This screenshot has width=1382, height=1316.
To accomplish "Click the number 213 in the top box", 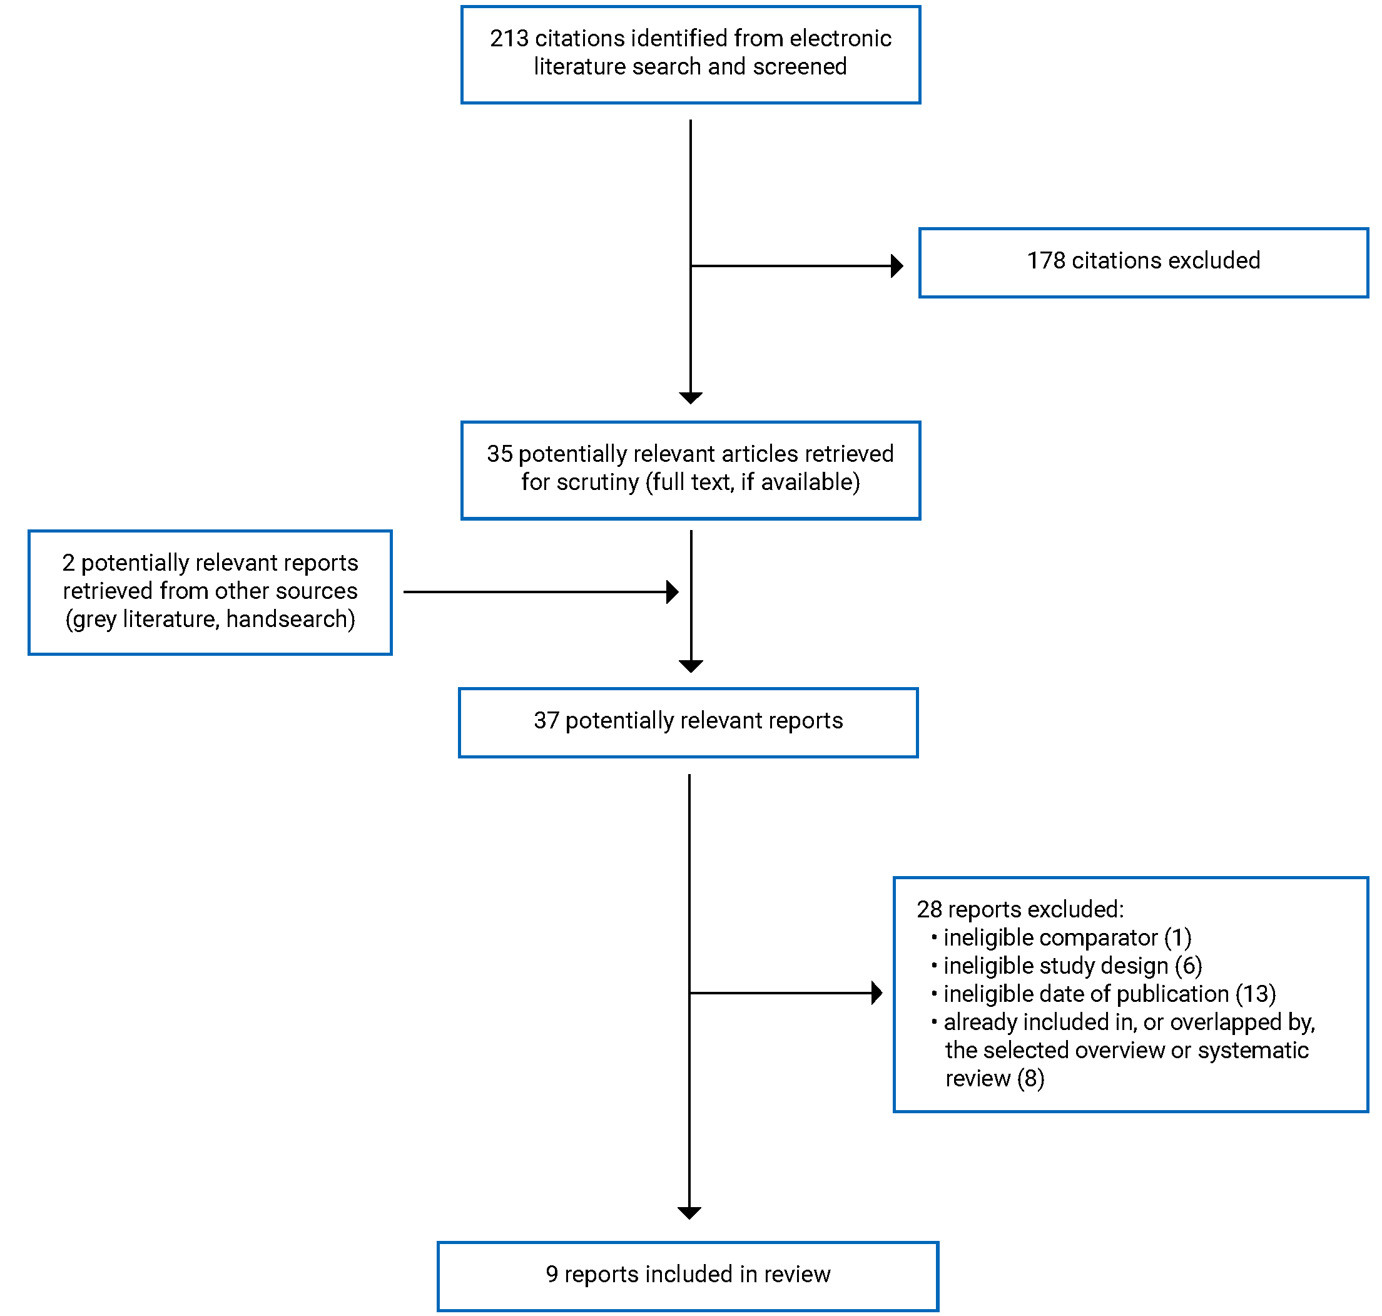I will click(509, 39).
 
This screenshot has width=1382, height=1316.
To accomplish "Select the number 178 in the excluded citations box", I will click(1045, 261).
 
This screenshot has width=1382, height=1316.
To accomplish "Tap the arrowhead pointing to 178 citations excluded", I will click(897, 267).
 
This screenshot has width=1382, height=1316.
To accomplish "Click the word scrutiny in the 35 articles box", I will click(597, 482).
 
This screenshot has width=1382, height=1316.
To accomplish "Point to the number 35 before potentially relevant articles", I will click(499, 454).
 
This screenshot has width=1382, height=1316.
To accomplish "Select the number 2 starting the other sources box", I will click(68, 563).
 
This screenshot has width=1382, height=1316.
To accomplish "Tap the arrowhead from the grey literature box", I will click(673, 593).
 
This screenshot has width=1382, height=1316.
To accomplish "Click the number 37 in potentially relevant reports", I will click(546, 721).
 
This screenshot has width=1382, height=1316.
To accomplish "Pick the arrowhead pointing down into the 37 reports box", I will click(691, 666).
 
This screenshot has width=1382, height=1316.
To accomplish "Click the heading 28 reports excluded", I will click(1020, 910).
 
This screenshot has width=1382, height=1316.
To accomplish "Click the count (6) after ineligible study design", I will click(1189, 966).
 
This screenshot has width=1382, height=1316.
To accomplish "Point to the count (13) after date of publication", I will click(1255, 994).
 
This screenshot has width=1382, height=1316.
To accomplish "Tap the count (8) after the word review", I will click(1031, 1078).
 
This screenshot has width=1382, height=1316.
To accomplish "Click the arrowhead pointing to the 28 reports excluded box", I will click(876, 993).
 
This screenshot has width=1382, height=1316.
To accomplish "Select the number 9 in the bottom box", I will click(552, 1275).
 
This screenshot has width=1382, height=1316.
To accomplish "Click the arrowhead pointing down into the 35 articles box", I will click(691, 399).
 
